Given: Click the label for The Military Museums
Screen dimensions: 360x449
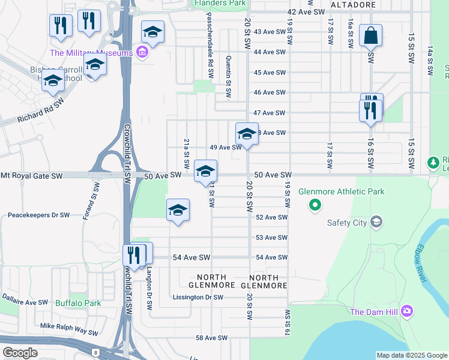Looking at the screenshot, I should (x=91, y=53).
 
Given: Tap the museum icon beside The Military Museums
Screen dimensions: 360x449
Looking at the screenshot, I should (x=142, y=53).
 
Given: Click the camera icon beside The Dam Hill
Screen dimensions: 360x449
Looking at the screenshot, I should (x=407, y=311).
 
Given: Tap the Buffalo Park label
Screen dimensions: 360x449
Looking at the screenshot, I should (x=78, y=304).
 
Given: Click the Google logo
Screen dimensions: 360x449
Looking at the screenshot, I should (x=20, y=353).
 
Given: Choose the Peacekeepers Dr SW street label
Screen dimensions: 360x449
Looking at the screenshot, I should (x=39, y=214).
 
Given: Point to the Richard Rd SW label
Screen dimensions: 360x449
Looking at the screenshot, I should (x=41, y=112).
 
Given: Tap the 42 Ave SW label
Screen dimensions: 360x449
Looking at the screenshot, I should (x=306, y=12).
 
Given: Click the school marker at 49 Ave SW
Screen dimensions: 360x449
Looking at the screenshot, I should (x=247, y=133).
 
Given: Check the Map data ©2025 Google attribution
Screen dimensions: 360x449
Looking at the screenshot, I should (x=412, y=355).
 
